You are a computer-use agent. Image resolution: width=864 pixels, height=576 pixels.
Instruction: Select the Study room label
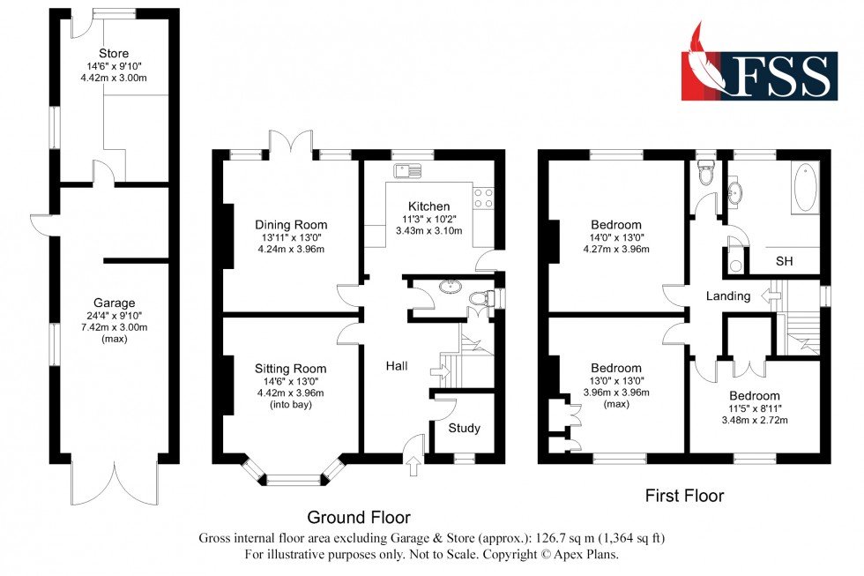[x=465, y=429]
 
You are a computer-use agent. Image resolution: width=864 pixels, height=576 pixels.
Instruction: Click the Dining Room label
[x=291, y=224]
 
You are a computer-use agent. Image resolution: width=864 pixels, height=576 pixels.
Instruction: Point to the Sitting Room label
[x=291, y=369]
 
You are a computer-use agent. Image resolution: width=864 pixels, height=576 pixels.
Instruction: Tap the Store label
[x=114, y=53]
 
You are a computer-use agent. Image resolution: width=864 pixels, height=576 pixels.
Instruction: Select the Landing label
[x=728, y=296]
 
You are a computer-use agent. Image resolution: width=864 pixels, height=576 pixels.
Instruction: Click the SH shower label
[x=784, y=262]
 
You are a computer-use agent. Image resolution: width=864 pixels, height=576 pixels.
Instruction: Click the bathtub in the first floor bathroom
[x=805, y=188]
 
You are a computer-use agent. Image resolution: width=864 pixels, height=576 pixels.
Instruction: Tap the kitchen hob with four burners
[x=483, y=198]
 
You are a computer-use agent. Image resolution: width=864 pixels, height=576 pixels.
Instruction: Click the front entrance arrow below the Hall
[x=413, y=465]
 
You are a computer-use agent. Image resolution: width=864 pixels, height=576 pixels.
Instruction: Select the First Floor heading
[x=684, y=496]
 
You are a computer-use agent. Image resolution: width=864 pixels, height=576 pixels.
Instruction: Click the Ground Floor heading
[x=358, y=517]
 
